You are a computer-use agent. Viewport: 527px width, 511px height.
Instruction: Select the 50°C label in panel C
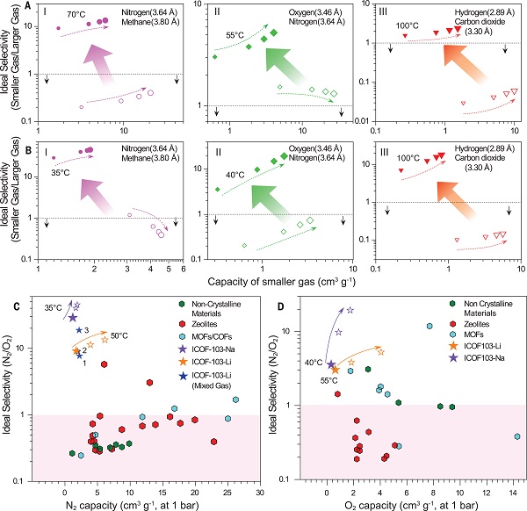click(x=119, y=335)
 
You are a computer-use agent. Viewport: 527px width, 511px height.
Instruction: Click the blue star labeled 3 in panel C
click(x=79, y=330)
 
